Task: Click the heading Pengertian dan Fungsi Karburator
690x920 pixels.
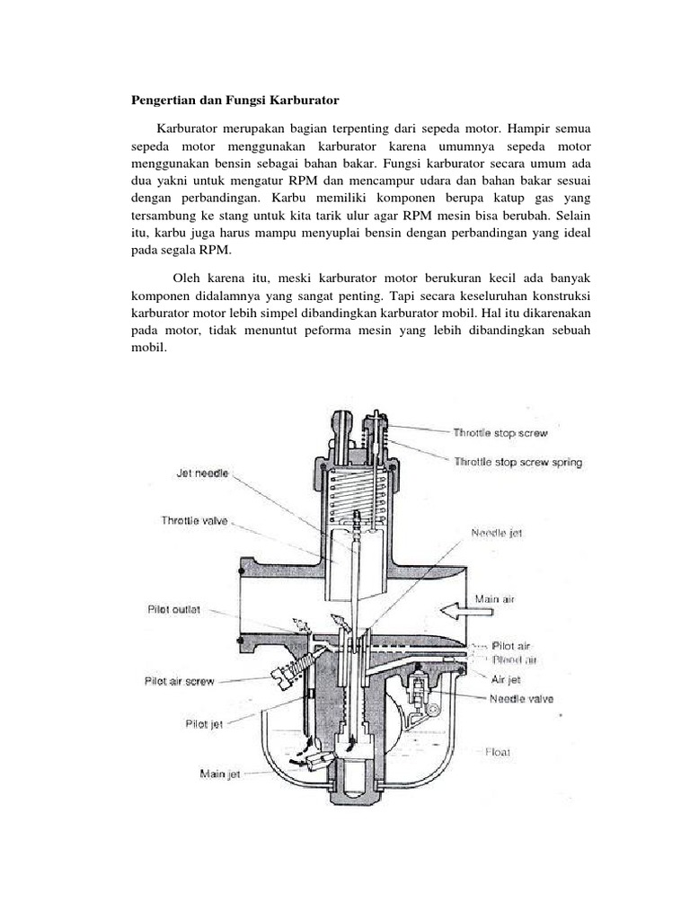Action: [x=229, y=97]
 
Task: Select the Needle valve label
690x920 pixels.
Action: [x=521, y=698]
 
